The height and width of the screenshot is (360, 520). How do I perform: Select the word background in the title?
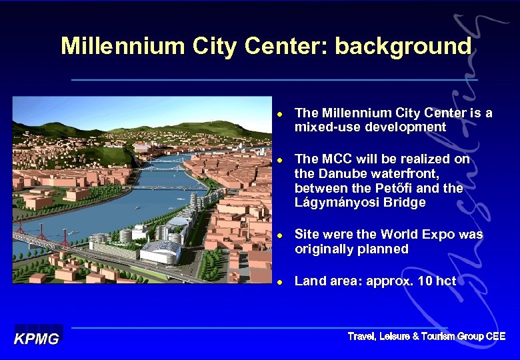click(403, 46)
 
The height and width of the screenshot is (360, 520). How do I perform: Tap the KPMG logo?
click(38, 339)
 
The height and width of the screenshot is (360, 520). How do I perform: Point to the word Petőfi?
click(407, 188)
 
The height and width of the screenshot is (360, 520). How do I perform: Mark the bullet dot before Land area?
click(281, 282)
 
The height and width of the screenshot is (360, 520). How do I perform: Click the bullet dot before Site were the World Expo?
click(281, 235)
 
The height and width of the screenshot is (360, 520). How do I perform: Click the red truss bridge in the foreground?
click(40, 237)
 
